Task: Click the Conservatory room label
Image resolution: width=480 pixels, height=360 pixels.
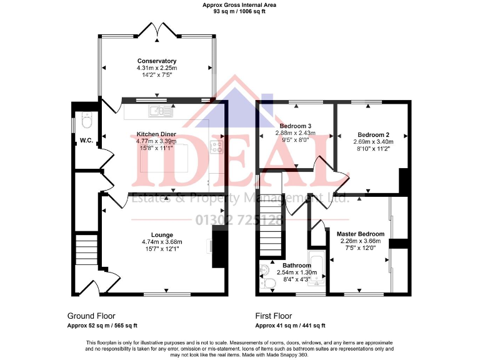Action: (157, 61)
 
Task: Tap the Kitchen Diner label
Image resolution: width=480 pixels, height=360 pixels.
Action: (156, 134)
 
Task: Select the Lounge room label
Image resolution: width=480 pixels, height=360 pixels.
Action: (162, 235)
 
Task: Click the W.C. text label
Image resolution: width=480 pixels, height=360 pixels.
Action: (86, 141)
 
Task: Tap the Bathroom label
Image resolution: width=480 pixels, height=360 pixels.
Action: (297, 265)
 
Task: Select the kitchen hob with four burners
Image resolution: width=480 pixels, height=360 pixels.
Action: (217, 147)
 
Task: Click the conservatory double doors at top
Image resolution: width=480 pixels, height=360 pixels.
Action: (157, 29)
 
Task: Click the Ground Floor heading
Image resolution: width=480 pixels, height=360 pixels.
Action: (91, 316)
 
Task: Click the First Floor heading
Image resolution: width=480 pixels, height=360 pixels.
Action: (274, 316)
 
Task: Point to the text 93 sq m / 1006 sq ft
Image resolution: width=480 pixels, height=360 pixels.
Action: (239, 11)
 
